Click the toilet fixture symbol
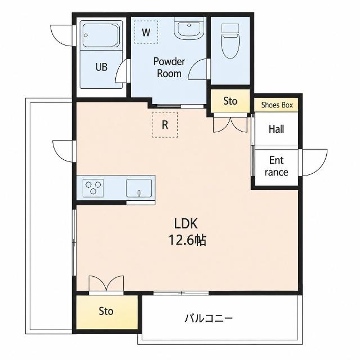(230, 41)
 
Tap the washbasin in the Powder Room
(189, 28)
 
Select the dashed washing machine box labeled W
(146, 32)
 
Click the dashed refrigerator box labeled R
(165, 125)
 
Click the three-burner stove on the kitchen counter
(93, 188)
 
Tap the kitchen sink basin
(139, 188)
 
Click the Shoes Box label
(277, 105)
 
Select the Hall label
(276, 129)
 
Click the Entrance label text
(276, 166)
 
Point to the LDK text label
(186, 224)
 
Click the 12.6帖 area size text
(187, 240)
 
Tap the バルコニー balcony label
(209, 318)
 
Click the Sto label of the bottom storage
(106, 311)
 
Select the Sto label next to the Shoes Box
(230, 101)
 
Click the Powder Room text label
(169, 67)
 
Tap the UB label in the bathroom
(101, 67)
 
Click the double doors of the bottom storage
(106, 284)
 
